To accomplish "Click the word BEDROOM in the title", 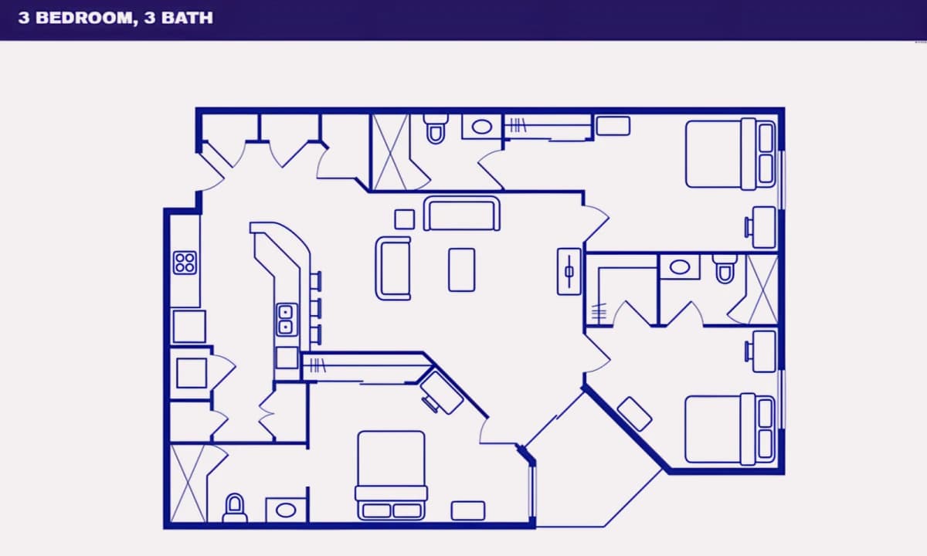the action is click(85, 18).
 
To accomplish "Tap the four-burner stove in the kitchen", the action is click(185, 263).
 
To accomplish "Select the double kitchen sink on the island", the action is click(287, 320).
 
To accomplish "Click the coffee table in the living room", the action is click(462, 270).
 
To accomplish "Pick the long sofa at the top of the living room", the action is click(461, 213).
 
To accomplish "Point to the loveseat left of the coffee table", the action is click(393, 268).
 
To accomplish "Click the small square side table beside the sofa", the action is click(404, 219).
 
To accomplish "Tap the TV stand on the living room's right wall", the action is click(569, 271).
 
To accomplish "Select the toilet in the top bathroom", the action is click(436, 129).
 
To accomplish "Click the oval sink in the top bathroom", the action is click(482, 127).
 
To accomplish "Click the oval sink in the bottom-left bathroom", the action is click(286, 510).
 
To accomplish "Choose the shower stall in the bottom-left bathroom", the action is click(188, 483).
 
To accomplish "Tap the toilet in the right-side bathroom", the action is click(725, 269).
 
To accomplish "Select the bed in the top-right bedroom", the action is click(731, 154).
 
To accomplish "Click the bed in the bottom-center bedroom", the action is click(392, 476).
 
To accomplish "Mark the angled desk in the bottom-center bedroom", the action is click(441, 392).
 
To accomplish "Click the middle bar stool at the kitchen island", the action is click(316, 308).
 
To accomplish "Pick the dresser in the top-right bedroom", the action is click(613, 126).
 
